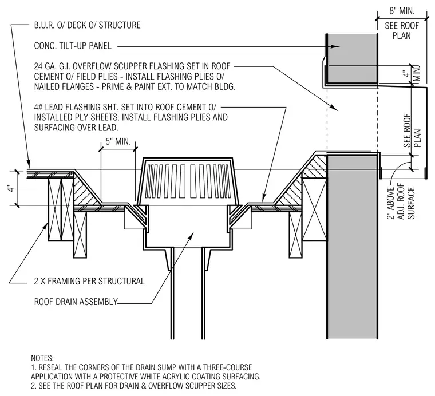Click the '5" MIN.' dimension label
tap(118, 141)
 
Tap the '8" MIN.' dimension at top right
tap(402, 11)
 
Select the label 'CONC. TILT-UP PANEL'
tap(73, 46)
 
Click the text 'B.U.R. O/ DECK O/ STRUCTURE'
tap(87, 25)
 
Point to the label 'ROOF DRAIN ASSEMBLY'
tap(76, 302)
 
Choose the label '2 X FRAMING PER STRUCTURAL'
tap(89, 281)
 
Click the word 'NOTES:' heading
tap(42, 358)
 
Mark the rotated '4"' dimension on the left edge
tap(11, 189)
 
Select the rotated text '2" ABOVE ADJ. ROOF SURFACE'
tap(401, 203)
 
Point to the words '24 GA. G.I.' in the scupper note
tap(52, 66)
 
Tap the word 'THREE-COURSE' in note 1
tap(227, 367)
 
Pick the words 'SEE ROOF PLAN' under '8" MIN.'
tap(402, 30)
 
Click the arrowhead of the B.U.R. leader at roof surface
tap(28, 164)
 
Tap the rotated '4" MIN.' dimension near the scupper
tap(412, 74)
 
